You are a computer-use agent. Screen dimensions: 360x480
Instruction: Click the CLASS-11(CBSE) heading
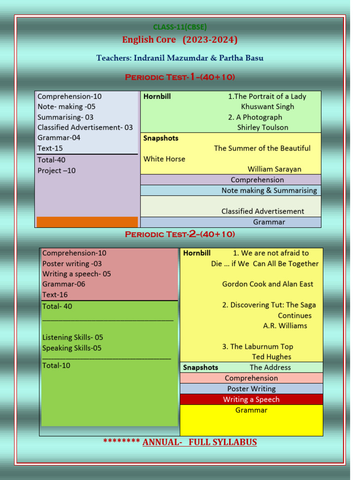coord(180,27)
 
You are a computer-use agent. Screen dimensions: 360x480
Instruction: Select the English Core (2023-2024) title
coord(180,40)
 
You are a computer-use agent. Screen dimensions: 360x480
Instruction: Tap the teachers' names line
coord(180,58)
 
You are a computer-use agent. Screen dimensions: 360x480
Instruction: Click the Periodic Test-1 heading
coord(180,77)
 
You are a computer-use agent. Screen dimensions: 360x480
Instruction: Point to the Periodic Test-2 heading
coord(180,234)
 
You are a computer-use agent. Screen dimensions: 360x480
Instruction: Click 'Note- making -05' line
coord(66,107)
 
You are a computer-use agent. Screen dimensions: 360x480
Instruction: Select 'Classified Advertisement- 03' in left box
coord(85,127)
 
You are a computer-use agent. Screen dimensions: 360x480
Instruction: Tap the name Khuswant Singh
coord(267,107)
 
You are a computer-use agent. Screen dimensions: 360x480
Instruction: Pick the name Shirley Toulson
coord(262,127)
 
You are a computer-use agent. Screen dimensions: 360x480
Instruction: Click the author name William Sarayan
coord(274,169)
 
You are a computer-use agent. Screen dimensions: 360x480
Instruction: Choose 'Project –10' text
coord(56,171)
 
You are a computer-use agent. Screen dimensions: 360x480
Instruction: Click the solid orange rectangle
coord(87,222)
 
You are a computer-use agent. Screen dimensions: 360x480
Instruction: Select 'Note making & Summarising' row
coord(269,190)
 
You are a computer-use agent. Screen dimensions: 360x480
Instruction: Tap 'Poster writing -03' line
coord(72,263)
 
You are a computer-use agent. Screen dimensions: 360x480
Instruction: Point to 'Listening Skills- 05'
coord(73,337)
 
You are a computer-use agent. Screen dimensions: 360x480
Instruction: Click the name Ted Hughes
coord(271,357)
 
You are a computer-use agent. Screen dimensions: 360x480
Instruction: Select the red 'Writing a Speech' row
coord(251,399)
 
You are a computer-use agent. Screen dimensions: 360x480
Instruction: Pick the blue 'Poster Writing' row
coord(251,389)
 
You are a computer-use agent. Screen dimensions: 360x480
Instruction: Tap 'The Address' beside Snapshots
coord(270,367)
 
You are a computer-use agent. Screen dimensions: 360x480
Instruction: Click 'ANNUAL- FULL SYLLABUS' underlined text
coord(200,442)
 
